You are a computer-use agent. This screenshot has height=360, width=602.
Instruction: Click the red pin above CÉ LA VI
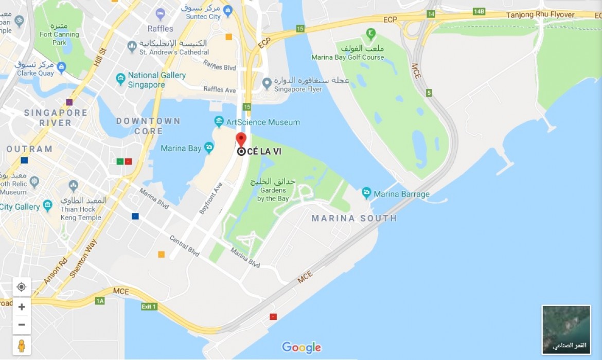pyautogui.click(x=241, y=139)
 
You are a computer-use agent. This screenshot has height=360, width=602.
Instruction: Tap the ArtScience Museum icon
pyautogui.click(x=219, y=122)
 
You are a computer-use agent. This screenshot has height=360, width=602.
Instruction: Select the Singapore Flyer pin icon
pyautogui.click(x=267, y=83)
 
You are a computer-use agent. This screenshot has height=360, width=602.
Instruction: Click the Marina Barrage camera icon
pyautogui.click(x=366, y=193)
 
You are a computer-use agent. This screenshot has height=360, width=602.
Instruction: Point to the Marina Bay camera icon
pyautogui.click(x=209, y=148)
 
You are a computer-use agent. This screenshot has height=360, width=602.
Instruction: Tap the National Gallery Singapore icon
pyautogui.click(x=120, y=79)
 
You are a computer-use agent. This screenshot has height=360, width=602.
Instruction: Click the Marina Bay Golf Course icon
pyautogui.click(x=370, y=35)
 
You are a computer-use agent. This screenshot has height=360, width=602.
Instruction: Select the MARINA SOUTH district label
pyautogui.click(x=354, y=218)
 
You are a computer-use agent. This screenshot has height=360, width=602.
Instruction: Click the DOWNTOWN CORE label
pyautogui.click(x=148, y=126)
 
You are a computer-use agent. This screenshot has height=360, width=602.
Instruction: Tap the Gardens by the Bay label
pyautogui.click(x=273, y=190)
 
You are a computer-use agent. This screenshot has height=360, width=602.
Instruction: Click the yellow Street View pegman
pyautogui.click(x=22, y=346)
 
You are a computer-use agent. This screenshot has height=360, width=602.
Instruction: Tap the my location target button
pyautogui.click(x=22, y=287)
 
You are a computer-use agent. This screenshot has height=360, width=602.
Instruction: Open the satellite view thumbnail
pyautogui.click(x=566, y=329)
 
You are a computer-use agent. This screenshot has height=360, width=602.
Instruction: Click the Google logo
pyautogui.click(x=302, y=348)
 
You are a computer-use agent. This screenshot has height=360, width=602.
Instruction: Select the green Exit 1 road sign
pyautogui.click(x=149, y=307)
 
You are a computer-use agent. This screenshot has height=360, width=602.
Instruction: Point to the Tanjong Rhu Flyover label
pyautogui.click(x=540, y=15)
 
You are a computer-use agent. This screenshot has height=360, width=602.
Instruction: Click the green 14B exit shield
pyautogui.click(x=479, y=11)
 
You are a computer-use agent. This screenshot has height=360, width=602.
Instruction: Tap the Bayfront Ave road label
pyautogui.click(x=211, y=197)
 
